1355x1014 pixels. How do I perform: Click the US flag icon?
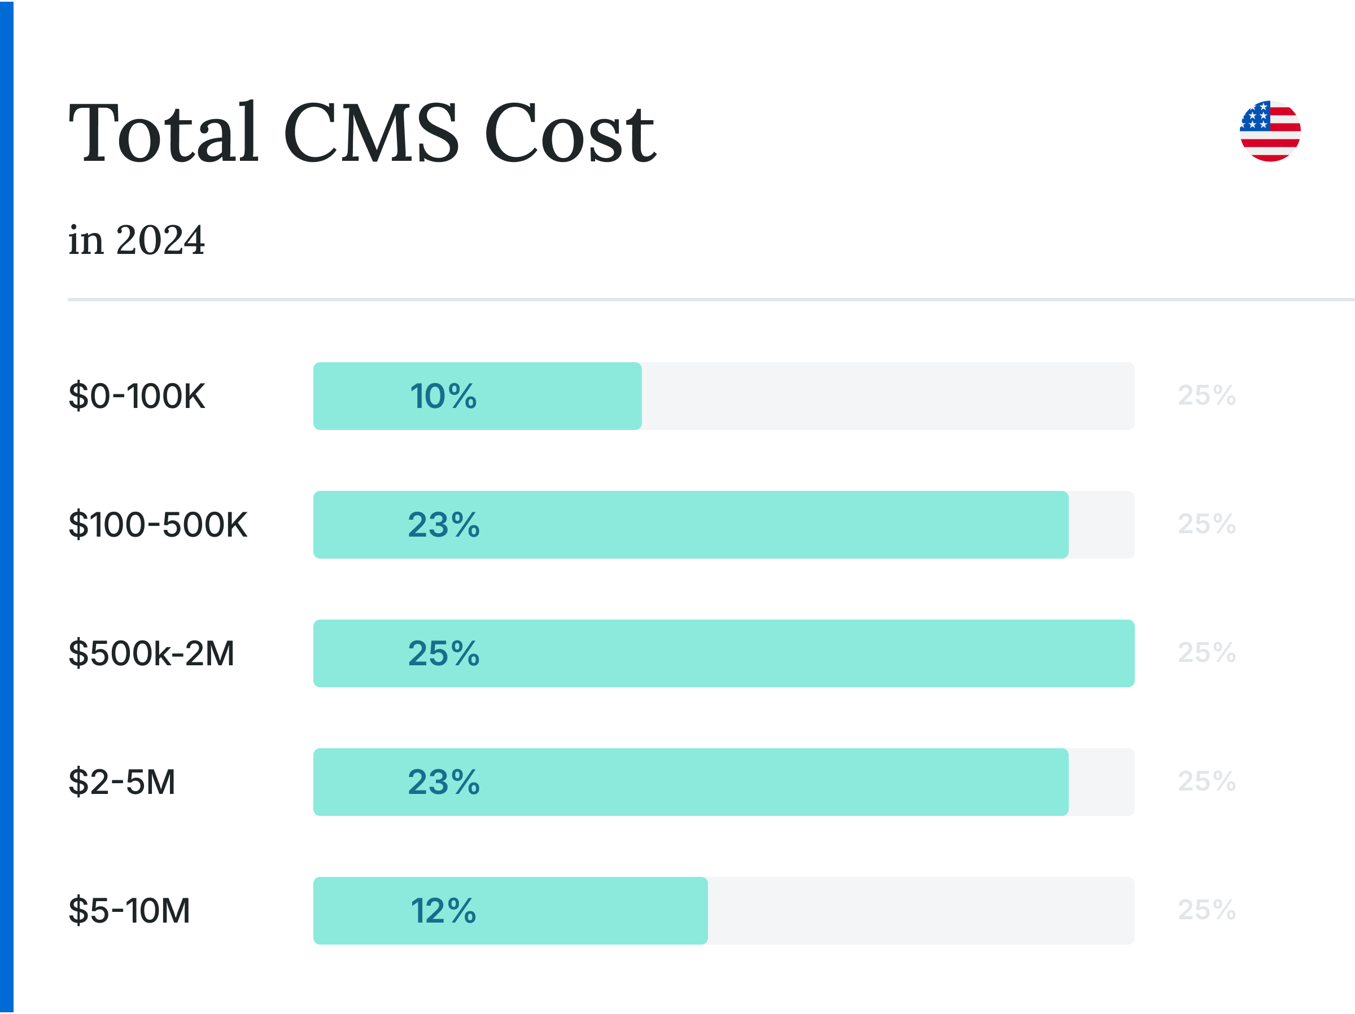1270,131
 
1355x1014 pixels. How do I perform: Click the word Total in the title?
164,132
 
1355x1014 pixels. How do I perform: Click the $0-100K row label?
137,396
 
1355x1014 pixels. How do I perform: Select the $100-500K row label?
158,525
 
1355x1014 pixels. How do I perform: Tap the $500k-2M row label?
151,653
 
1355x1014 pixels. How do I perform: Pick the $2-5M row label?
122,782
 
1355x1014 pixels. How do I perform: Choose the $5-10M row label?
129,911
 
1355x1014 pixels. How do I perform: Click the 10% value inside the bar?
443,396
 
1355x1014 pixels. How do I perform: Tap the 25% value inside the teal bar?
444,653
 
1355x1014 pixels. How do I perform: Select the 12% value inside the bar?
443,911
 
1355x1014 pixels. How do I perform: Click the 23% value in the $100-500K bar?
444,525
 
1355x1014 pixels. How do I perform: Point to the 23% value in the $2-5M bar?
444,782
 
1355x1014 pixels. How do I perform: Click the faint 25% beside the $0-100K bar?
1206,396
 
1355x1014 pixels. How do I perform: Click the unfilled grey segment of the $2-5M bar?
1102,782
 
